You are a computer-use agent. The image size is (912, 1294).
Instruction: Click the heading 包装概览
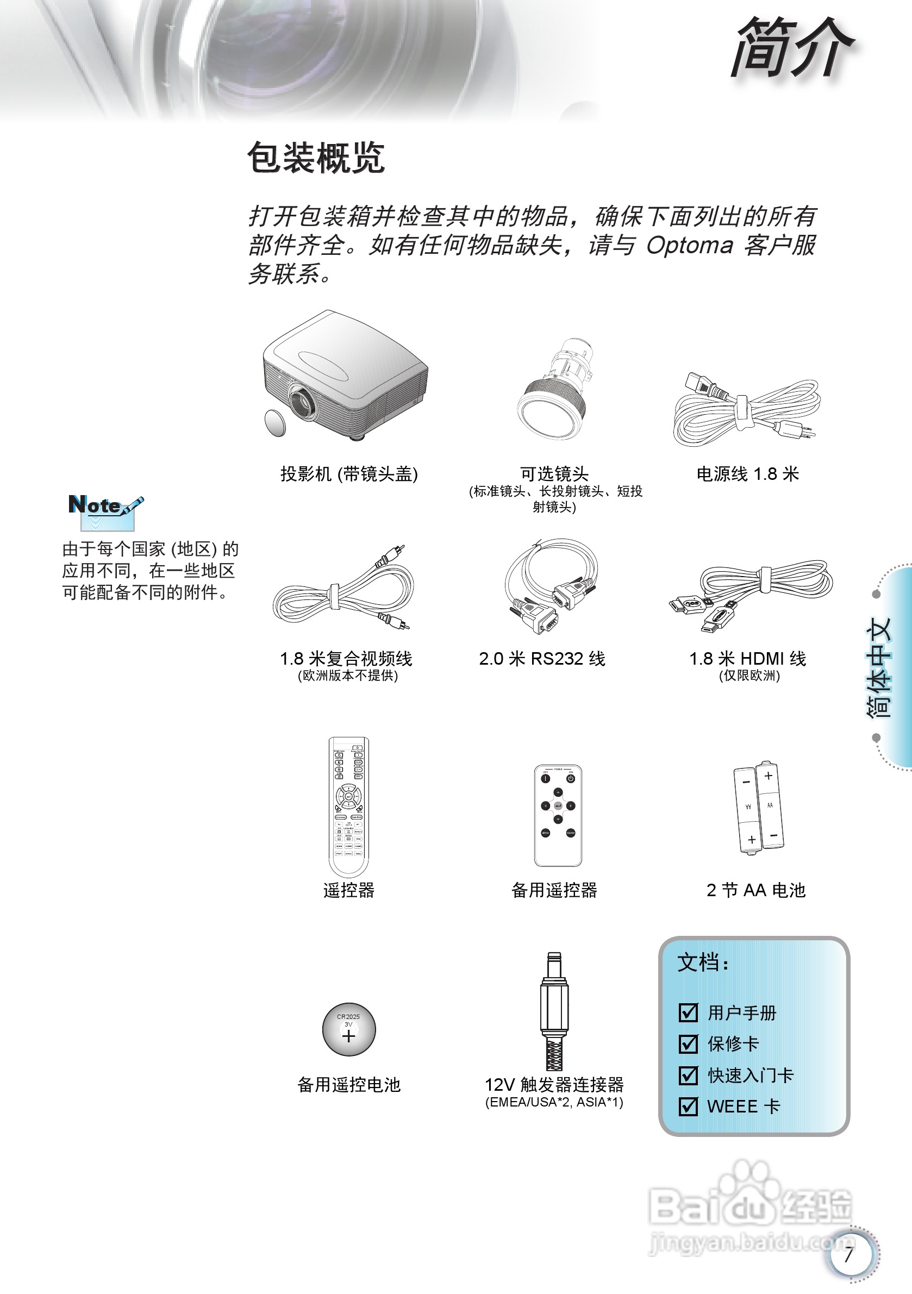tap(316, 158)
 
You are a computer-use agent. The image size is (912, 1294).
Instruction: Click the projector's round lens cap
tap(275, 422)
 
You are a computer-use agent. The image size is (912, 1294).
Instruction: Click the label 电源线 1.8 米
tap(747, 474)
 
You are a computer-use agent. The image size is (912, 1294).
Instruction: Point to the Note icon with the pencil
tap(105, 511)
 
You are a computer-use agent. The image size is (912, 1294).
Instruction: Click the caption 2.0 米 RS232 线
tap(542, 658)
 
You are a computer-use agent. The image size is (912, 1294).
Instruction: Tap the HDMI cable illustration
tap(749, 595)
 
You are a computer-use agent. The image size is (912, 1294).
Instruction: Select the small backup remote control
tap(558, 815)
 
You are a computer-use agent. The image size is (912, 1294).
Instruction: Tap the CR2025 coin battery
tap(349, 1029)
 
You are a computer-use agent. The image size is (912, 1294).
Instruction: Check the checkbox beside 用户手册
tap(688, 1013)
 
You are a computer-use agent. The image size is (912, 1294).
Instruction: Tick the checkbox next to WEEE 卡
tap(688, 1107)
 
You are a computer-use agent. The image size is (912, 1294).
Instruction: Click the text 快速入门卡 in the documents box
tap(750, 1076)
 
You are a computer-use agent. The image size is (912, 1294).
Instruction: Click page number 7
tap(849, 1254)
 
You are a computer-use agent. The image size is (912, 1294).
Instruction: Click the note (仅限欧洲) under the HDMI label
tap(749, 675)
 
